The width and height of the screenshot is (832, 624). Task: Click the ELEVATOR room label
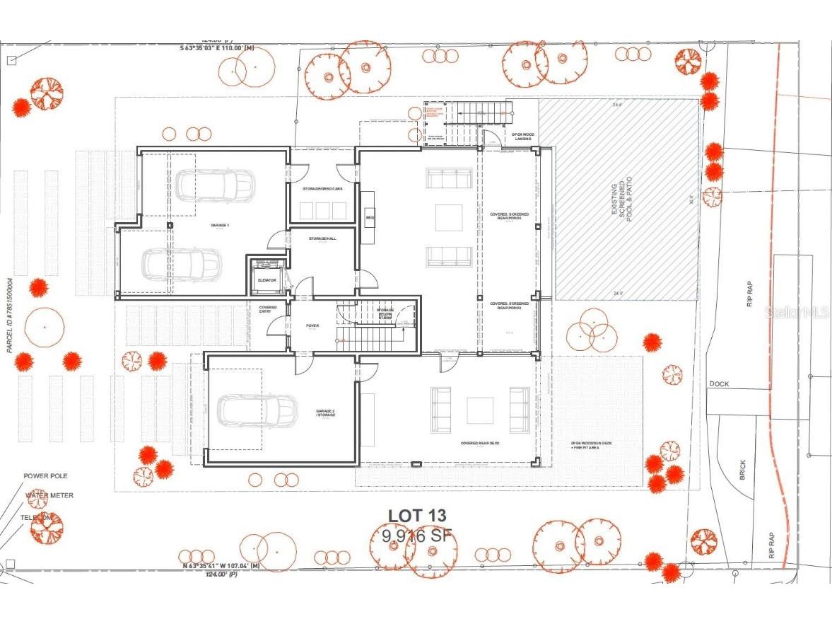267,280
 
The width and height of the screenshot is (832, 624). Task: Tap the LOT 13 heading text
417,516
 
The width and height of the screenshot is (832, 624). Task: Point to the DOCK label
718,383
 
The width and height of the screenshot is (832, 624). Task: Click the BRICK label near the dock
742,470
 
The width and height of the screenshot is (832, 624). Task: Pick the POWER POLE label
45,476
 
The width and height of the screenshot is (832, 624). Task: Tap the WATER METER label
49,495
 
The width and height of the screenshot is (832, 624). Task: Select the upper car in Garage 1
214,185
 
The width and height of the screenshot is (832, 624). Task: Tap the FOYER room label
312,326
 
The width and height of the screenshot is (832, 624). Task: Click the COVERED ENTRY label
268,310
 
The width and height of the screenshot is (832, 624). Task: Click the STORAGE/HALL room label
322,239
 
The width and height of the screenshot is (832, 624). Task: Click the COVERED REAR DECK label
481,444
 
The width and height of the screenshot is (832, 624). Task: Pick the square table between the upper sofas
448,217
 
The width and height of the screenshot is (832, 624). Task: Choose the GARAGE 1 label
220,225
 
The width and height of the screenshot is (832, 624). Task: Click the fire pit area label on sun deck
586,446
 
